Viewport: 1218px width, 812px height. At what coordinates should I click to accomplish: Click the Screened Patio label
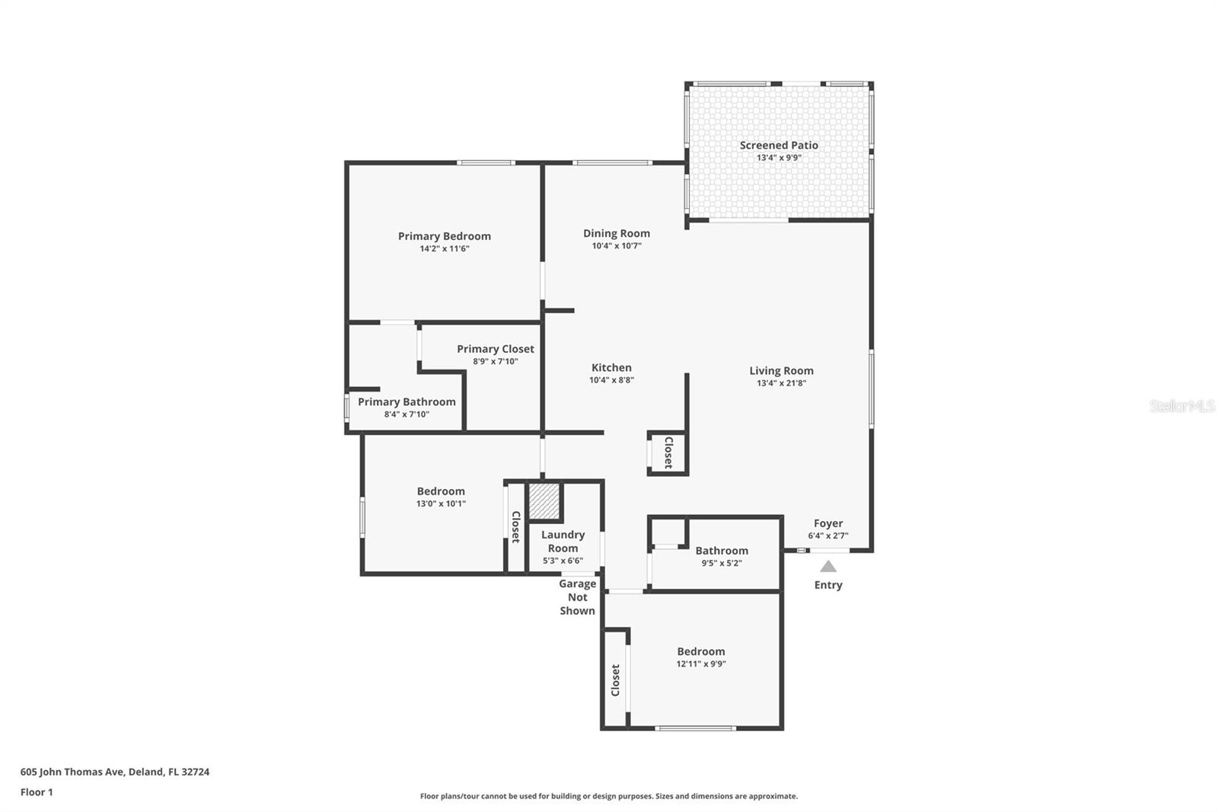click(x=779, y=145)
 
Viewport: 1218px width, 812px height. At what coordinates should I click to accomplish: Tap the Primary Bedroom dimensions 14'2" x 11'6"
click(x=445, y=248)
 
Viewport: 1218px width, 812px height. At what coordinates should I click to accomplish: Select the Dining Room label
click(x=617, y=234)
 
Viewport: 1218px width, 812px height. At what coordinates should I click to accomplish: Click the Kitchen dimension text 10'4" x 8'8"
click(x=611, y=380)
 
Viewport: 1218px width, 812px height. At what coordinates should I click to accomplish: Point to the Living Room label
click(x=781, y=371)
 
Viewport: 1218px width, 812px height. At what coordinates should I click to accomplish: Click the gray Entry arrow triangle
click(x=828, y=567)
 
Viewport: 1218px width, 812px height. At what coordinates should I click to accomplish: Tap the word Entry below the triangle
click(x=828, y=585)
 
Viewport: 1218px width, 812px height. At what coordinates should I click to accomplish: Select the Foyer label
click(x=828, y=523)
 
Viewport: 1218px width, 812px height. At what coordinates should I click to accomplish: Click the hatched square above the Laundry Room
click(x=544, y=500)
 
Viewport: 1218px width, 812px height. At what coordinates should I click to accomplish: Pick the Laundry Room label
click(x=563, y=542)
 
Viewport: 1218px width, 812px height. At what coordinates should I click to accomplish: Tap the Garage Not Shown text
click(x=577, y=597)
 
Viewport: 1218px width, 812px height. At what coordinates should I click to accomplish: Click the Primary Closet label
click(x=496, y=349)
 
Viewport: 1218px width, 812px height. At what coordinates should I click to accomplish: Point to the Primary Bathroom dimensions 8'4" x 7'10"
click(x=407, y=414)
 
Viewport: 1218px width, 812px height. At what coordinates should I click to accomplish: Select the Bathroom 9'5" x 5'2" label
click(x=722, y=551)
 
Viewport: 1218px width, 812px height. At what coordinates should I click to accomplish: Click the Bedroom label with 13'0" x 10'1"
click(x=441, y=491)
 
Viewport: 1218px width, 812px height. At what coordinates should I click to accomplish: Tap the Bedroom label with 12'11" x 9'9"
click(x=701, y=651)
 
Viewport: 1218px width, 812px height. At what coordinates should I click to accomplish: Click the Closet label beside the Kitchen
click(x=668, y=452)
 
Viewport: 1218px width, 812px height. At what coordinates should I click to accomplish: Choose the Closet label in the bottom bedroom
click(x=615, y=679)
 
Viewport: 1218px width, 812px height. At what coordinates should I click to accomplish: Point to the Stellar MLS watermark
click(x=1181, y=406)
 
